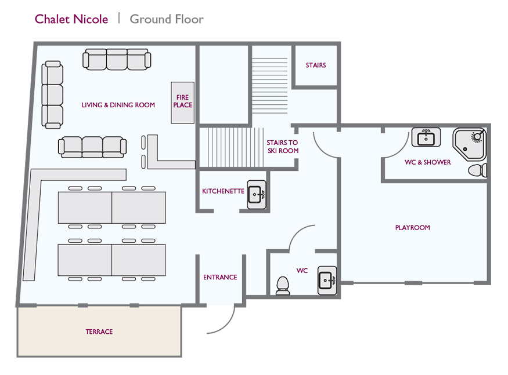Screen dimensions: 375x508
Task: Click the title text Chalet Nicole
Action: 71,19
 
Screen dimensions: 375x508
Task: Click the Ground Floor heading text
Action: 167,19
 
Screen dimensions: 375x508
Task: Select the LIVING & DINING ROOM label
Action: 118,105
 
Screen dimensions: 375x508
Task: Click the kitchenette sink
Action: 257,195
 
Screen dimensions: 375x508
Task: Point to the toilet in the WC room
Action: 283,286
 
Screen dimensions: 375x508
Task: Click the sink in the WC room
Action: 327,281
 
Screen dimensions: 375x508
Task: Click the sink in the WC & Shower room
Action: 426,137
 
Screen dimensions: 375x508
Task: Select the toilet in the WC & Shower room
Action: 477,170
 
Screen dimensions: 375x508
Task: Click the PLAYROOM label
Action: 412,228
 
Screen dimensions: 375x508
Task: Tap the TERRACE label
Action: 99,332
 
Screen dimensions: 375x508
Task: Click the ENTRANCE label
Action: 220,277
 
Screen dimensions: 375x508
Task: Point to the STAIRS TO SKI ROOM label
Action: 282,147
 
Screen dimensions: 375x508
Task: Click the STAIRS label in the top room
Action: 316,65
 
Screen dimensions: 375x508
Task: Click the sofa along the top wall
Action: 117,59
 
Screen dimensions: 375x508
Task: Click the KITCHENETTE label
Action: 223,191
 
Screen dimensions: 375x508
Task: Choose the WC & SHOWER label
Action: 427,162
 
